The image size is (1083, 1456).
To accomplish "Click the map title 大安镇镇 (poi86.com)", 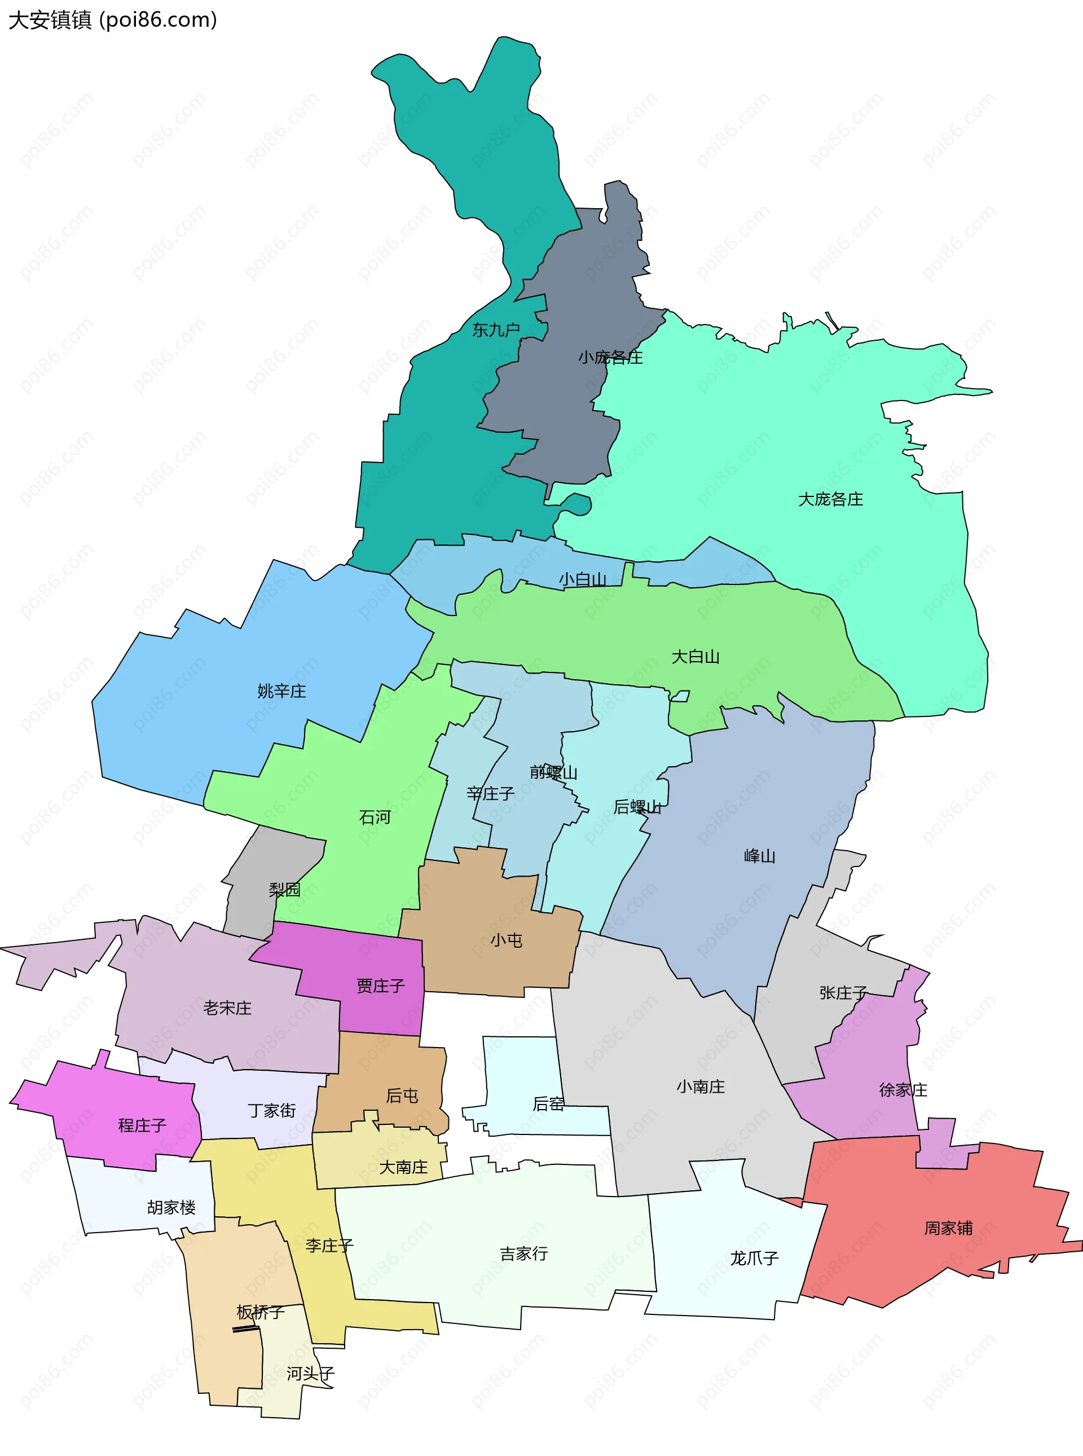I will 112,20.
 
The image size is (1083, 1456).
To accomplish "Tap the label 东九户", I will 496,330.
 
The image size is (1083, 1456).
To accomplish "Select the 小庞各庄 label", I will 610,357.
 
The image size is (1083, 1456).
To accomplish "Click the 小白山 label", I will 582,579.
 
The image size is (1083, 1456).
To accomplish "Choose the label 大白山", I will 695,656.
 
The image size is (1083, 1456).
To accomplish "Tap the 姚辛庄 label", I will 281,690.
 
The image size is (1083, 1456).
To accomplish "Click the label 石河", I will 375,817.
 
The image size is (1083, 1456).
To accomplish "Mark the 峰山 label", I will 759,856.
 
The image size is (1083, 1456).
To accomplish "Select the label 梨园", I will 284,890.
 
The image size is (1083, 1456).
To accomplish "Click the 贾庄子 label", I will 380,986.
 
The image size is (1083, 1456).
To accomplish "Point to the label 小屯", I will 506,940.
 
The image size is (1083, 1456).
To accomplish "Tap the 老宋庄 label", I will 227,1008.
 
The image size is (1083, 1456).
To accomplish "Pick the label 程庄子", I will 142,1125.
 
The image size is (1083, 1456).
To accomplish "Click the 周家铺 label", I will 948,1228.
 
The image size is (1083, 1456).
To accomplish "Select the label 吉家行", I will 523,1253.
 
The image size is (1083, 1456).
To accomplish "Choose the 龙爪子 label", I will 754,1258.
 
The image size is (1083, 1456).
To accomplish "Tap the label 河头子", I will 310,1374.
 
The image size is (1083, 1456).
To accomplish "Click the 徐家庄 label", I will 902,1089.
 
